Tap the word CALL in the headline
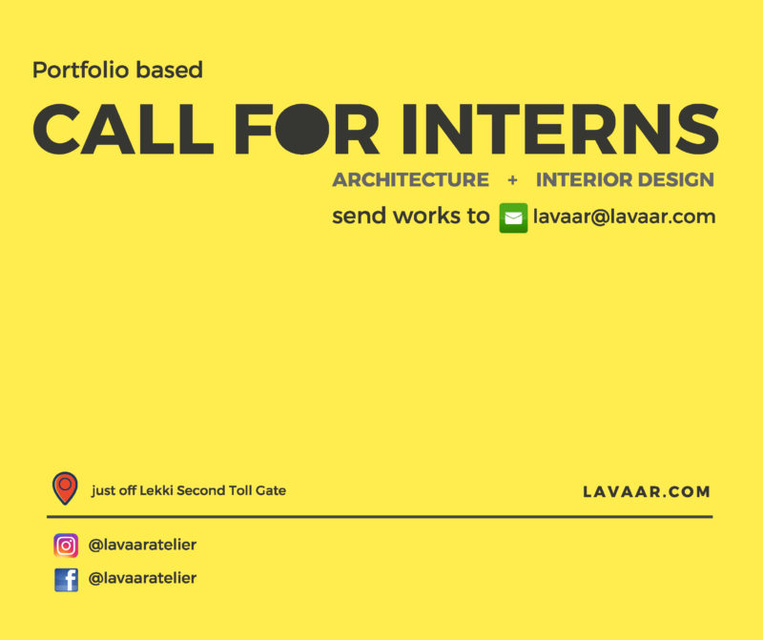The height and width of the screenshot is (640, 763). click(x=123, y=129)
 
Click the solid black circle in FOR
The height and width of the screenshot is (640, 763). click(x=302, y=129)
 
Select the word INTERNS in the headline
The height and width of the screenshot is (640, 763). click(x=560, y=129)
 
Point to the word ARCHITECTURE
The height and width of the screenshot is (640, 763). click(x=410, y=180)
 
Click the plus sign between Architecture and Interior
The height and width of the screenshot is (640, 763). click(x=512, y=180)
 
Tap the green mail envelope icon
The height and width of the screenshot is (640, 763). click(x=513, y=218)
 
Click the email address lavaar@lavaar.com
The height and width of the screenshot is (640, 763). click(x=625, y=217)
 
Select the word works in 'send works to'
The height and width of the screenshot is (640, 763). click(x=426, y=216)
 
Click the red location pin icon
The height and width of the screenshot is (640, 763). click(x=65, y=488)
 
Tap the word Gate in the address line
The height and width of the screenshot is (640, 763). click(x=271, y=490)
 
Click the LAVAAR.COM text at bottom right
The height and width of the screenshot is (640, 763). click(x=647, y=492)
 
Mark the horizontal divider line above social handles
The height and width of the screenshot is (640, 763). click(x=380, y=516)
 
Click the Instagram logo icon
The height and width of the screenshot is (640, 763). click(x=66, y=545)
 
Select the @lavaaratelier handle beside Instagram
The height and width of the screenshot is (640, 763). click(x=142, y=545)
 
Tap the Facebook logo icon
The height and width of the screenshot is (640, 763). click(x=66, y=580)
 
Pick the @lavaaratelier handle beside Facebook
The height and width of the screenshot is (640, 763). click(x=142, y=578)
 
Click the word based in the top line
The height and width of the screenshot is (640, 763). click(x=170, y=70)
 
